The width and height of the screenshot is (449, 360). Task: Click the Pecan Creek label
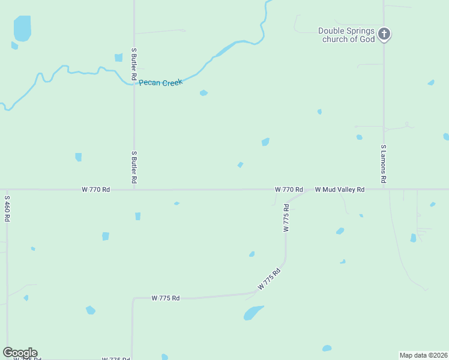[160, 83]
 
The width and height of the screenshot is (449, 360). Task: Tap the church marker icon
[384, 34]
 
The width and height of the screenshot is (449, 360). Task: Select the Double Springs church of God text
[346, 35]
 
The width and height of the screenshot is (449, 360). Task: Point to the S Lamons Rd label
[384, 164]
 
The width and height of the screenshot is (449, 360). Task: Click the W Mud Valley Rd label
[340, 190]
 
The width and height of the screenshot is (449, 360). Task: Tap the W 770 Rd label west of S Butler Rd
[96, 190]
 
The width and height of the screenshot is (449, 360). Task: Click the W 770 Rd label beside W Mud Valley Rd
[289, 190]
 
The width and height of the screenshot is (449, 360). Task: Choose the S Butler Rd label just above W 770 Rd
[134, 167]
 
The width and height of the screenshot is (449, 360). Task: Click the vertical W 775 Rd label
[286, 218]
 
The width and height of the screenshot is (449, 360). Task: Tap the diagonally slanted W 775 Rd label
[270, 280]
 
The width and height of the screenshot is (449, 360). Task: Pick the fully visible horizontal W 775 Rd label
[166, 298]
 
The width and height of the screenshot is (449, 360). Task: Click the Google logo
[20, 353]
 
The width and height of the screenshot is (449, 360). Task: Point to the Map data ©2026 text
[424, 355]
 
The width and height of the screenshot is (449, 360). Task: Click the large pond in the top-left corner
[22, 28]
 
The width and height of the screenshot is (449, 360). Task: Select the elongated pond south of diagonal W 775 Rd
[253, 313]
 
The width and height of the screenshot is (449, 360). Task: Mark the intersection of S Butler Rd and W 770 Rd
[134, 189]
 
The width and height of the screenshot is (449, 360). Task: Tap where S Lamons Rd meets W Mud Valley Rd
[384, 189]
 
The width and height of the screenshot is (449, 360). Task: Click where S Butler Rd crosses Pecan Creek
[134, 83]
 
